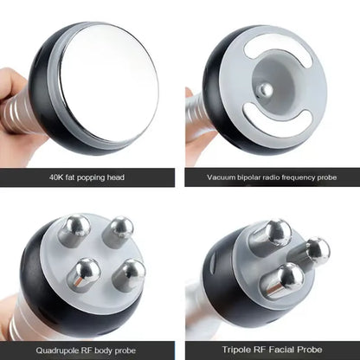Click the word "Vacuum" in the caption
222,177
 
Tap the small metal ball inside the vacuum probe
267,89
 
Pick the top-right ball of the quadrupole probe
119,231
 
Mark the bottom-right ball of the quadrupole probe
131,275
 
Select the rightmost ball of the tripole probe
317,252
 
